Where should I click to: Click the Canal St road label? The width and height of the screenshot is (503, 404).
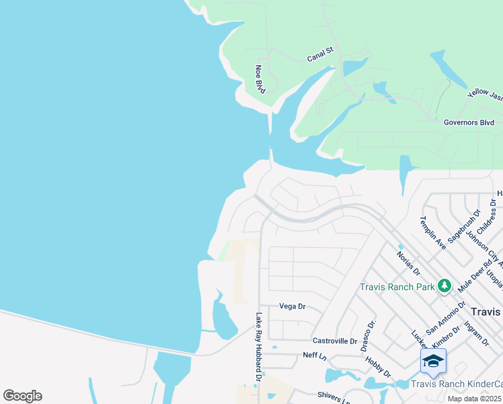(x=321, y=55)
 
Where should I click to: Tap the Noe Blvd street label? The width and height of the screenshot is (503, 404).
(x=260, y=79)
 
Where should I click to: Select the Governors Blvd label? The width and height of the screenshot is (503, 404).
(x=469, y=123)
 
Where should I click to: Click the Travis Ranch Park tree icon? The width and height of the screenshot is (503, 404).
(x=444, y=286)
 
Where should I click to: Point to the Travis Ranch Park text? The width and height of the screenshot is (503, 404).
(x=397, y=287)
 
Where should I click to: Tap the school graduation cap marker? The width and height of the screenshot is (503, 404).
(x=433, y=362)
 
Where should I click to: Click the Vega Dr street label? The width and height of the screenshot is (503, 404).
(x=293, y=306)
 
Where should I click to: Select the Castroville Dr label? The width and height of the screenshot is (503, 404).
(x=335, y=341)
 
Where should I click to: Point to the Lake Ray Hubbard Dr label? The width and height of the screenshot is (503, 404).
(x=258, y=347)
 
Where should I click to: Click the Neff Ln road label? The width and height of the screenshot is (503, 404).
(x=314, y=355)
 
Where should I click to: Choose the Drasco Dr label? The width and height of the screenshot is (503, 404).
(x=368, y=335)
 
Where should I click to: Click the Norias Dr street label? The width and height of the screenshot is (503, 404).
(x=408, y=263)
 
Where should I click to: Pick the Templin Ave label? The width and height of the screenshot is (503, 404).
(x=428, y=232)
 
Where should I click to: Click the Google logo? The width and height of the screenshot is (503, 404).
(x=22, y=396)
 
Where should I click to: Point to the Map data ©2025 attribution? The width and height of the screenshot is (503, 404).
(x=475, y=399)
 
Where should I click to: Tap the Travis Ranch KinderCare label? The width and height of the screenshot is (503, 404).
(x=456, y=384)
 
